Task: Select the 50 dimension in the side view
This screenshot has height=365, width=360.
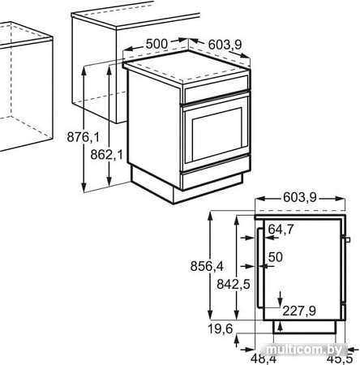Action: [275, 257]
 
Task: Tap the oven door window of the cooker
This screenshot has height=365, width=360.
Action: [215, 132]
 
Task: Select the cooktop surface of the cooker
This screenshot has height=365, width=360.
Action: [186, 71]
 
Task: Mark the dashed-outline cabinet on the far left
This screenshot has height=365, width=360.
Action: [24, 89]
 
